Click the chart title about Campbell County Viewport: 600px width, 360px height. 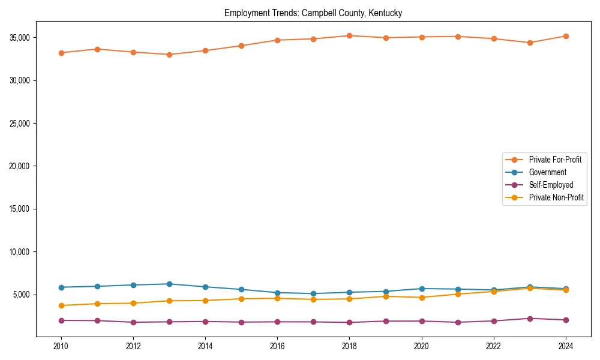click(313, 13)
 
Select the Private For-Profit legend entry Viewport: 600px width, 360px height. click(554, 160)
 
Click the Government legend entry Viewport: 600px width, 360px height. click(547, 172)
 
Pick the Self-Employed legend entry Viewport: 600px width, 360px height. click(551, 185)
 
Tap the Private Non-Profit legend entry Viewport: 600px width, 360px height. click(556, 197)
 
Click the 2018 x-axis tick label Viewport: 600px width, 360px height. click(349, 346)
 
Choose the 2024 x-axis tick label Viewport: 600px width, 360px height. click(566, 346)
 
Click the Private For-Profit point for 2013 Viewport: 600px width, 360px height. click(169, 55)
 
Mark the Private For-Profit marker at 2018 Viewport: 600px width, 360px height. click(349, 35)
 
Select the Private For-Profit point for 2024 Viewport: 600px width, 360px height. click(566, 36)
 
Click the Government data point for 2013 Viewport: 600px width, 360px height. click(169, 284)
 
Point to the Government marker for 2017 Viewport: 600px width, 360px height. click(313, 294)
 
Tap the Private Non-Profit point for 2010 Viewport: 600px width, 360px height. click(61, 305)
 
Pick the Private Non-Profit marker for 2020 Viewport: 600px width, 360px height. click(422, 298)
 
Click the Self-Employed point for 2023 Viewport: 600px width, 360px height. click(530, 319)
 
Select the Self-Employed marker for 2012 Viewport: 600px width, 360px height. click(133, 322)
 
